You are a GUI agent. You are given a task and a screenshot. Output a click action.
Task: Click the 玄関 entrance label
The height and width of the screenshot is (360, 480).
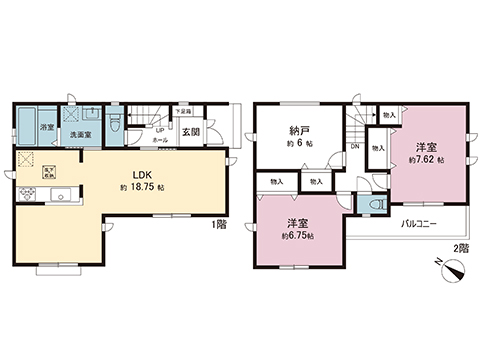[191, 131]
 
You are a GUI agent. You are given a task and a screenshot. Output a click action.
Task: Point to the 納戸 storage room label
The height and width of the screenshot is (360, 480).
[297, 131]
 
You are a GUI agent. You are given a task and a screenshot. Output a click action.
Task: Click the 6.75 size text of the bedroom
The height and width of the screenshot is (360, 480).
[298, 235]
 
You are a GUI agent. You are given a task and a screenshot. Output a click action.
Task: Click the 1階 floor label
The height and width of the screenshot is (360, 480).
[219, 225]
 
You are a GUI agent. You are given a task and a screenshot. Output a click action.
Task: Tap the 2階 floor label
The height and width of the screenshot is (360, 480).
[459, 246]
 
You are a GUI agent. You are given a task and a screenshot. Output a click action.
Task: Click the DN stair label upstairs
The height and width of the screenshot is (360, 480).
[355, 148]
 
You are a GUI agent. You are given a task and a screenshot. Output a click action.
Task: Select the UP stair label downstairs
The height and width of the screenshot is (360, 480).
[158, 130]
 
